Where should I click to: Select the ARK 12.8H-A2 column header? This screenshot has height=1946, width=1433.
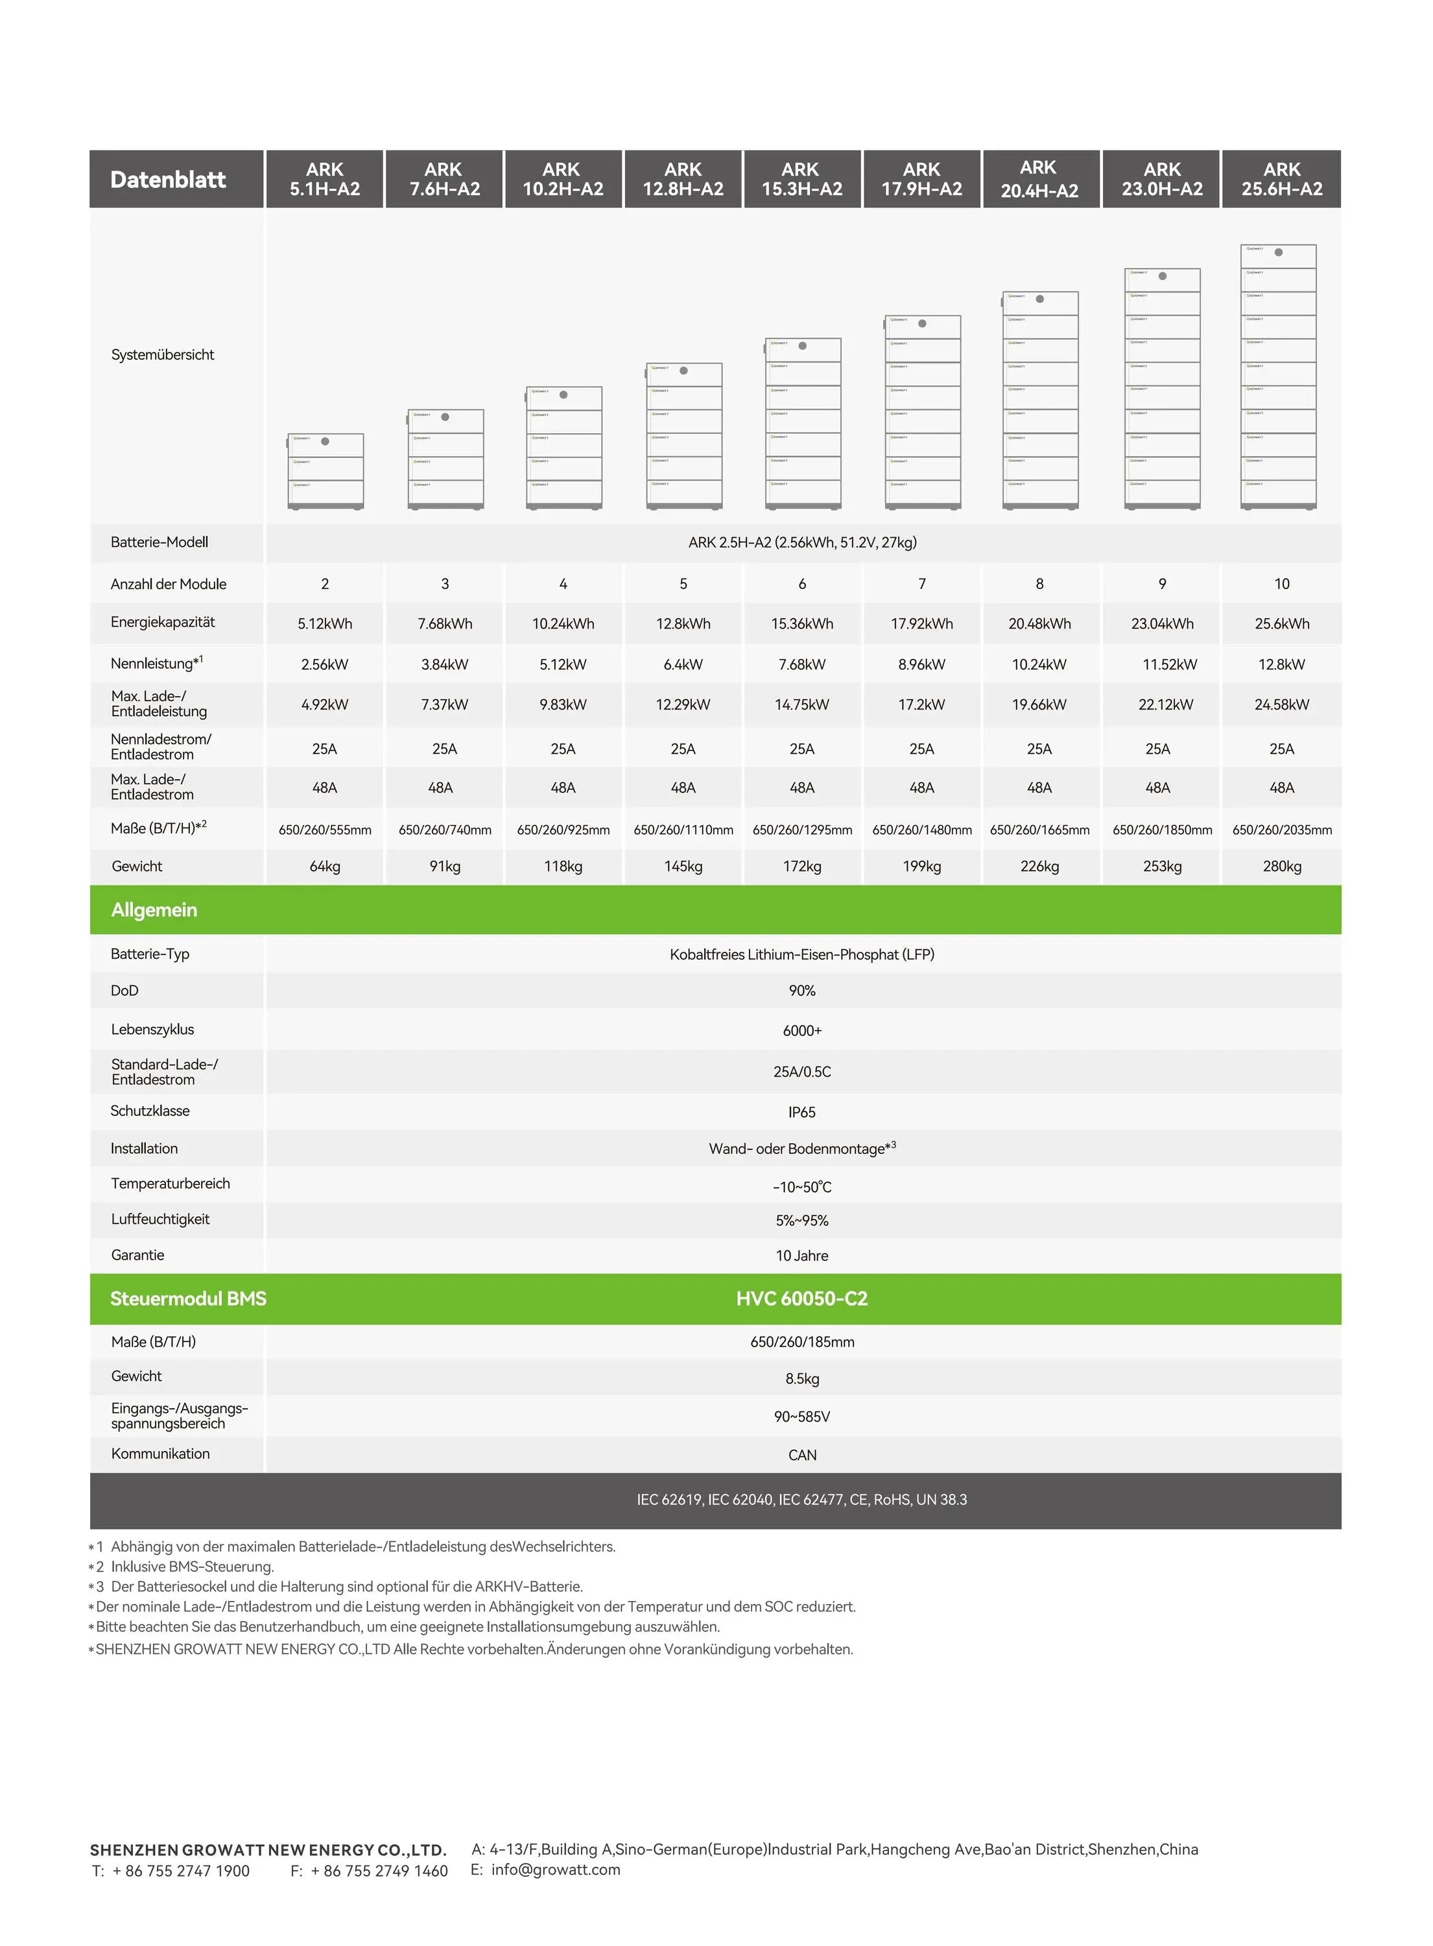coord(683,180)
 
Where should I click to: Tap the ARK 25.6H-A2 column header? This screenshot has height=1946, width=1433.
coord(1281,180)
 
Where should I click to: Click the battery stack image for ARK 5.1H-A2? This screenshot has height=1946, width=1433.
coord(326,470)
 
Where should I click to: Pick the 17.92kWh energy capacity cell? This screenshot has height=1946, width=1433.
coord(921,624)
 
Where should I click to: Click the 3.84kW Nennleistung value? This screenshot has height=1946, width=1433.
coord(444,665)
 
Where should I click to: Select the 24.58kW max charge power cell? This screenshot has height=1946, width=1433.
coord(1281,704)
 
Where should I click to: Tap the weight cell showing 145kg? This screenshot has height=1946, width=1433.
coord(683,866)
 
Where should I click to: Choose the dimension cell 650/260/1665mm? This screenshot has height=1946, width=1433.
coord(1039,830)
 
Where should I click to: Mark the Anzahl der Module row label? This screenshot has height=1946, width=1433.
coord(169,584)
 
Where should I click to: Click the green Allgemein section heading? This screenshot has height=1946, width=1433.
coord(154,910)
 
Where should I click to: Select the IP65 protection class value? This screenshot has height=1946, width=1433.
coord(801,1112)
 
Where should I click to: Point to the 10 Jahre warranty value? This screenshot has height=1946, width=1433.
coord(801,1255)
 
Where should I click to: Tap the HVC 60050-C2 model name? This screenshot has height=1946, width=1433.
coord(801,1299)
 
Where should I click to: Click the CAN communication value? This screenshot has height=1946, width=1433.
coord(801,1455)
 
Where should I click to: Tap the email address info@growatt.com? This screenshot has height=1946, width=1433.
coord(555,1869)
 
